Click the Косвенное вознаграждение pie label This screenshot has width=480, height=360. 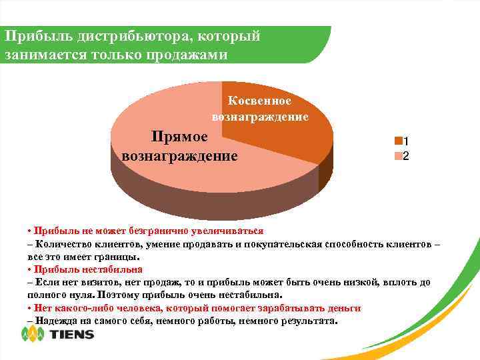tap(260, 109)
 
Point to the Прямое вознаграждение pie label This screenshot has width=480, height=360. tap(179, 146)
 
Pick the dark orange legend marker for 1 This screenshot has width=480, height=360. tap(398, 141)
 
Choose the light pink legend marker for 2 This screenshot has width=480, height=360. tap(398, 156)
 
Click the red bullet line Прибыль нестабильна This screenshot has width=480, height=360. tap(87, 269)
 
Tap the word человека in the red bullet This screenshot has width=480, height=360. tap(134, 308)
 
